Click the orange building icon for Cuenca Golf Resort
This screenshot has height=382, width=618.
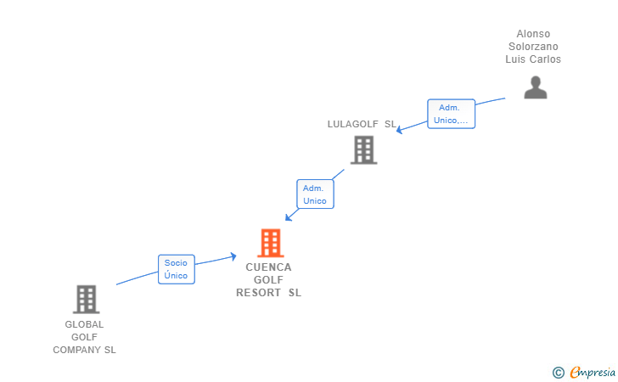[x=271, y=243]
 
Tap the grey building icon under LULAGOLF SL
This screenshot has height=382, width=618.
[x=364, y=149]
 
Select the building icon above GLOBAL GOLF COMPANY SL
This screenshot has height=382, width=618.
[x=87, y=299]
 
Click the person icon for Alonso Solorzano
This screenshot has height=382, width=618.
[x=535, y=87]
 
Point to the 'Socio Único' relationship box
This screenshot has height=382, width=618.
[x=177, y=269]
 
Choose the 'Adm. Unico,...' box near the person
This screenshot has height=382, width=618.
[x=451, y=114]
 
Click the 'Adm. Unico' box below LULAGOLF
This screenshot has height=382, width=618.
[x=315, y=194]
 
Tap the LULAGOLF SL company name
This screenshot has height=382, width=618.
[x=362, y=124]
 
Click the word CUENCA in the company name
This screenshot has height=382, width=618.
[x=268, y=267]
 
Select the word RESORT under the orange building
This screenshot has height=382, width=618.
[x=258, y=293]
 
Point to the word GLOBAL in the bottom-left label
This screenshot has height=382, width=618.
[x=84, y=324]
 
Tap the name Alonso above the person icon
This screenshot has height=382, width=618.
[x=533, y=34]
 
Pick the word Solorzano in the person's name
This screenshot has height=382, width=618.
[x=533, y=47]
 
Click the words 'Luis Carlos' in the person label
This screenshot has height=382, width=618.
[x=533, y=59]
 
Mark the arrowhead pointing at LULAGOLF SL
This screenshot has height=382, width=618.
[x=399, y=130]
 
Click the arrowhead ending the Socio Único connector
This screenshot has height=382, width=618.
[x=233, y=256]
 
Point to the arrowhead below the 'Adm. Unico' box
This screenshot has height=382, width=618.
[x=289, y=217]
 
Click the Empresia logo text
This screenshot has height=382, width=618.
[x=593, y=373]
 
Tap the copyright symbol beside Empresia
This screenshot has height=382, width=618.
[x=559, y=373]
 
